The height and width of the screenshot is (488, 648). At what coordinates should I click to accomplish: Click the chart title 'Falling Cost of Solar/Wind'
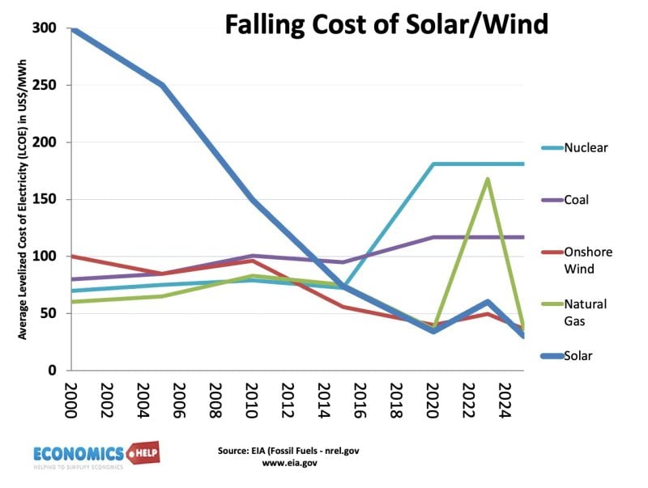coord(386,24)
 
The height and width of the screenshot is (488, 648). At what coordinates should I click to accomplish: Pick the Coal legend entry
coord(579,199)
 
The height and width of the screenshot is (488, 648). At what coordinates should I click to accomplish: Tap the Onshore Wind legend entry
coord(588,260)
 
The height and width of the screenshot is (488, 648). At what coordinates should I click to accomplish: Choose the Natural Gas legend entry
coord(586,312)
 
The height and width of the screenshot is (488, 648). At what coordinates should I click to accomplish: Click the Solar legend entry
coord(580,355)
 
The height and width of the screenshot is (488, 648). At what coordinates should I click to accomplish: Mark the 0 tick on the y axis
coord(50,370)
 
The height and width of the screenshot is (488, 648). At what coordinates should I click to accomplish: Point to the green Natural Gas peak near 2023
coord(488,179)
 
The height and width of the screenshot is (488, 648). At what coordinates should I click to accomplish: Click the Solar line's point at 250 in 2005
coord(160,85)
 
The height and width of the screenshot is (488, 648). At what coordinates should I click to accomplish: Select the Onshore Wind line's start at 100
coord(70,257)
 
